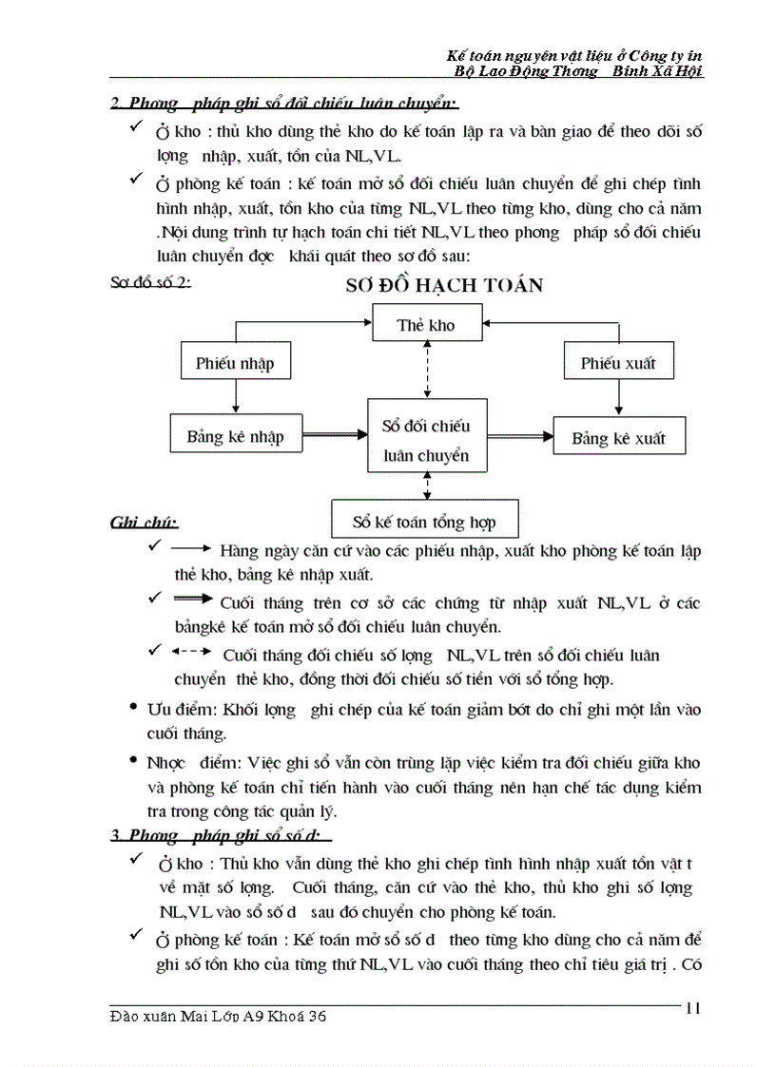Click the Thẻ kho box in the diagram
click(425, 325)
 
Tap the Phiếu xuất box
click(618, 363)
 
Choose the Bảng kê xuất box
click(618, 438)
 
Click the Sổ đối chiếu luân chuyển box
click(426, 441)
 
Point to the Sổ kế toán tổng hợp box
click(424, 522)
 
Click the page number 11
click(692, 1009)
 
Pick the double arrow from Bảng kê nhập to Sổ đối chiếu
click(333, 436)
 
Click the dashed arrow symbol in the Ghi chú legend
click(192, 654)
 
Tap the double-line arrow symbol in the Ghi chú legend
click(194, 599)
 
